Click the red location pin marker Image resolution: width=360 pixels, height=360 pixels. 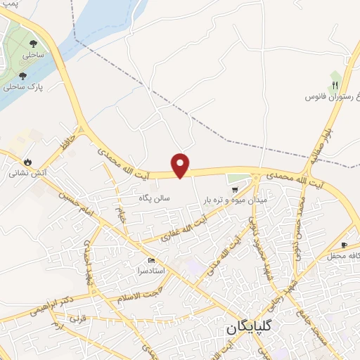click(181, 165)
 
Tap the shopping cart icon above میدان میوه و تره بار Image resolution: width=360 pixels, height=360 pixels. click(235, 188)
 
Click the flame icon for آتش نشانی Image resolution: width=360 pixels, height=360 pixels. click(27, 161)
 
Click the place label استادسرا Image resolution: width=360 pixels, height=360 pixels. click(150, 271)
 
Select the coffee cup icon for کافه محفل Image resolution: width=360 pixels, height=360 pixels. click(344, 245)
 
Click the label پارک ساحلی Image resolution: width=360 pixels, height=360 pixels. click(21, 87)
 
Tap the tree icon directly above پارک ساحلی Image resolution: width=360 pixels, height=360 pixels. click(22, 75)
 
